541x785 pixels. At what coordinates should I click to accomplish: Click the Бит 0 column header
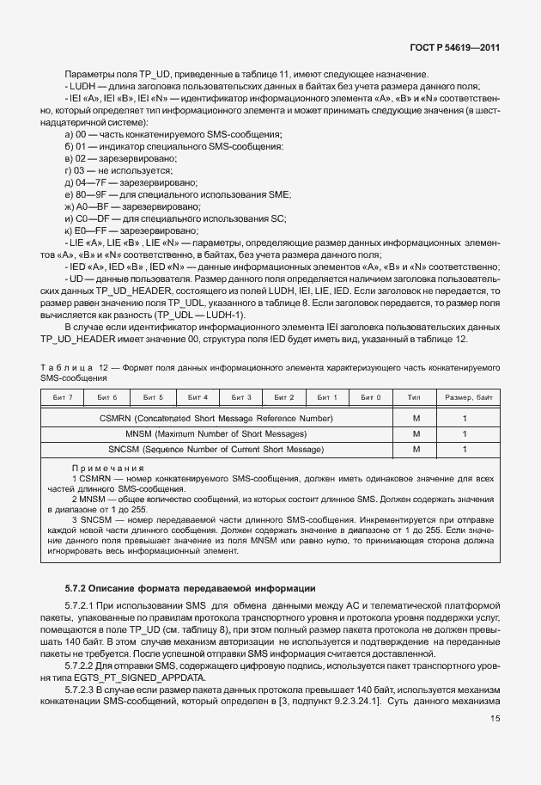point(371,397)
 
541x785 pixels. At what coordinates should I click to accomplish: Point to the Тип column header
point(416,397)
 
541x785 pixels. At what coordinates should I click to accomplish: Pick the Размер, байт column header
point(465,397)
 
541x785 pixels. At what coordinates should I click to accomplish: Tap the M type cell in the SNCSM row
point(416,449)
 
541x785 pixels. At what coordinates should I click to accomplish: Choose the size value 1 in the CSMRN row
point(465,418)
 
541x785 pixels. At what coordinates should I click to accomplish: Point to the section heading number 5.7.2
point(81,588)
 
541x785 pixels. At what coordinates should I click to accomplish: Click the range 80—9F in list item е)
point(96,195)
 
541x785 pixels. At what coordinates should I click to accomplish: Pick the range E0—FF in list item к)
point(96,230)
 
